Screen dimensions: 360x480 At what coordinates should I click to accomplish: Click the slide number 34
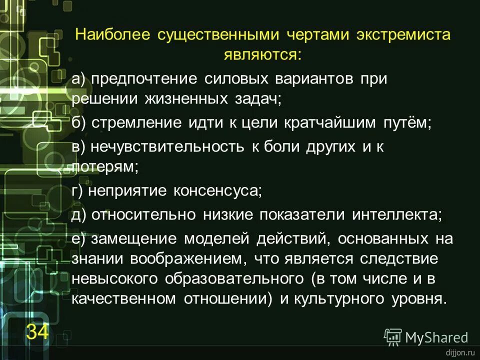(37, 331)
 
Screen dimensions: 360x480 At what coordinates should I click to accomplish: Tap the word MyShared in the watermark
(436, 338)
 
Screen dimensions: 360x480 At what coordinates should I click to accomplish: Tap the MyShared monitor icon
(393, 337)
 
